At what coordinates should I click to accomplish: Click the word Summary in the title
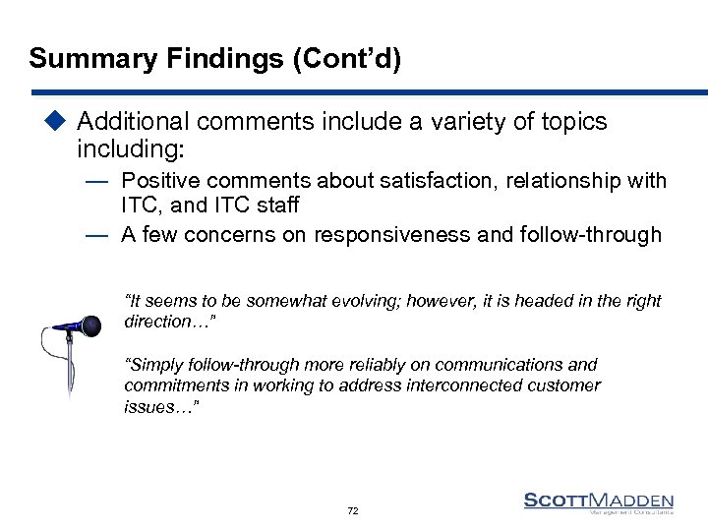79,58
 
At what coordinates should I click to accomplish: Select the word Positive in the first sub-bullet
159,181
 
